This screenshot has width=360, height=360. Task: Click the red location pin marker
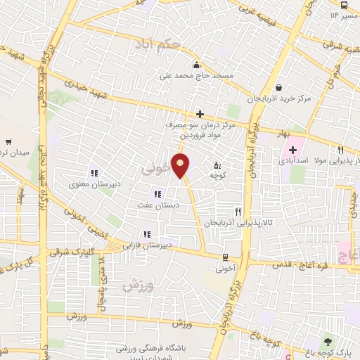point(181,165)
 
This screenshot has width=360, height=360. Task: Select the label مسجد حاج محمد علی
point(202,74)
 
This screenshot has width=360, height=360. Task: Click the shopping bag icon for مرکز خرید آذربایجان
point(280,88)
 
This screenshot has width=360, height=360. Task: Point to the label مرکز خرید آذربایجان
point(280,99)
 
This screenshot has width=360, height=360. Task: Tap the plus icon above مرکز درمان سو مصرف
point(200,114)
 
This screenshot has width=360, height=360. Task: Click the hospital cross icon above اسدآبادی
point(292,150)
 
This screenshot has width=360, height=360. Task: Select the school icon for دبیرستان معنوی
point(93,173)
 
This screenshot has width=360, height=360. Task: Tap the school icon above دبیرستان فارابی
point(147,234)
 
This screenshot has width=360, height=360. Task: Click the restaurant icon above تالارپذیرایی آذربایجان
point(238,212)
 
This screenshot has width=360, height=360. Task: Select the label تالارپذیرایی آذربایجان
point(238,223)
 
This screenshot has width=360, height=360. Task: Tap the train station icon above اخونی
point(225,257)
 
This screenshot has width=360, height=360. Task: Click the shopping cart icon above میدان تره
point(9,141)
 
